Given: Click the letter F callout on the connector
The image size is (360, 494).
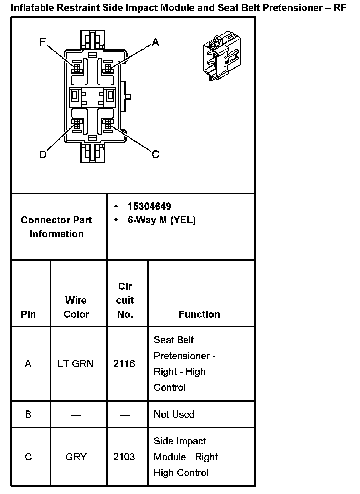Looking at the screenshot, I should (x=42, y=42).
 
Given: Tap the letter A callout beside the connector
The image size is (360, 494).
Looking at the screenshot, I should (x=155, y=42).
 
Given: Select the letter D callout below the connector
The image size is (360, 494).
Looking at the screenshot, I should (x=42, y=155).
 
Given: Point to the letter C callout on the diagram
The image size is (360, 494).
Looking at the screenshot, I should (x=155, y=155).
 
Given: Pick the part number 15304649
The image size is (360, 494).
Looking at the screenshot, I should (x=149, y=206).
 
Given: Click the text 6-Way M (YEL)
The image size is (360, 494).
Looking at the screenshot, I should (x=161, y=220).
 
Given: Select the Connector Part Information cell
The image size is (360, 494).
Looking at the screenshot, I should (x=56, y=227).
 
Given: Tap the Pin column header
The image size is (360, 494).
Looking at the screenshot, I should (x=29, y=314).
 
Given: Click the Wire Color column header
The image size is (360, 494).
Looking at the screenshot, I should (x=76, y=307).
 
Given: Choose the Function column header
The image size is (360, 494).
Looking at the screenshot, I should (x=199, y=314).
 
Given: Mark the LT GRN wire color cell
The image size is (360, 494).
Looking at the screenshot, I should (x=76, y=364).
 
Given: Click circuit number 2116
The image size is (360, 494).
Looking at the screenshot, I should (x=124, y=364).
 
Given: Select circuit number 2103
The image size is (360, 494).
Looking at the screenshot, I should (x=124, y=457).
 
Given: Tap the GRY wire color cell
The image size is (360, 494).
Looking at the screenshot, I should (x=76, y=457).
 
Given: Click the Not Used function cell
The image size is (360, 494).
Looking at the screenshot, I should (x=174, y=414).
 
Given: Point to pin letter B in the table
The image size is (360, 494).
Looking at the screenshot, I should (x=28, y=414).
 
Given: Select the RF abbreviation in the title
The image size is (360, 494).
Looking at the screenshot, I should (x=340, y=7).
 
